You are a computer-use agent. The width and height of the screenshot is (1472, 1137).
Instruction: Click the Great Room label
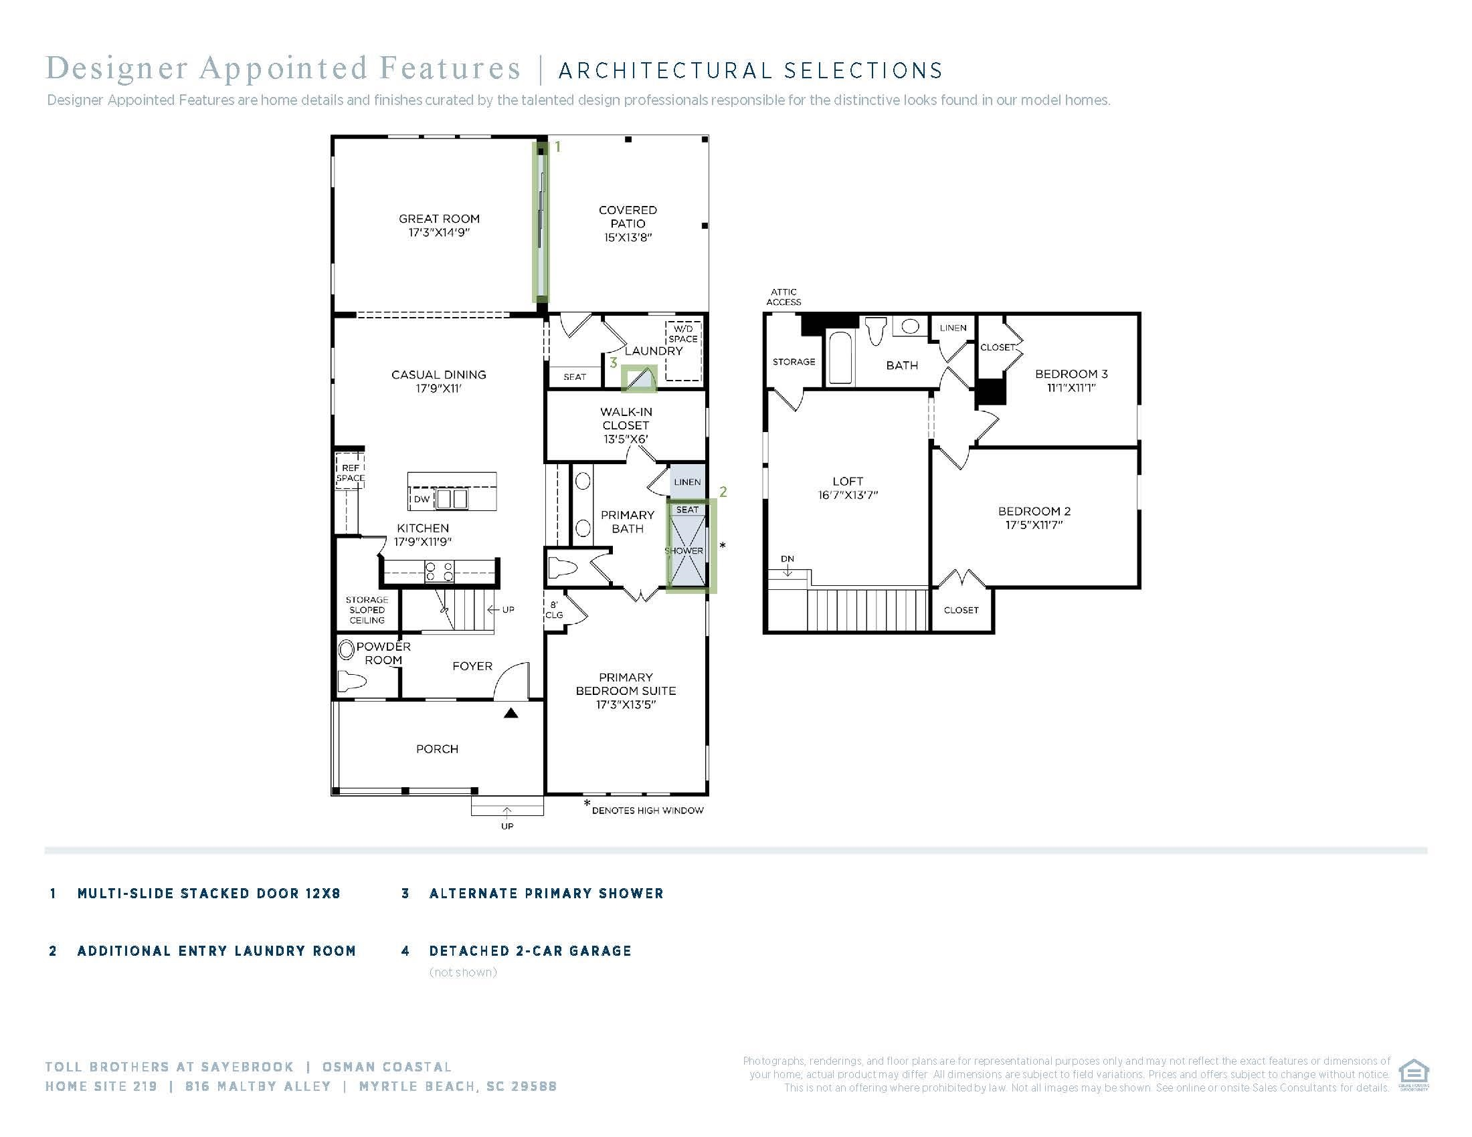click(x=439, y=219)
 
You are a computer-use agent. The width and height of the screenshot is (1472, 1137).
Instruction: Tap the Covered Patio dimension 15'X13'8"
click(x=628, y=237)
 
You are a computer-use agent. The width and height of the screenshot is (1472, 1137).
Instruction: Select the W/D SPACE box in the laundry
click(x=683, y=351)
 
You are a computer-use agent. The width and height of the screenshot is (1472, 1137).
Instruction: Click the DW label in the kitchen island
click(x=422, y=499)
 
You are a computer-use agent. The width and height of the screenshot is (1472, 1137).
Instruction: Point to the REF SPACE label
click(x=351, y=473)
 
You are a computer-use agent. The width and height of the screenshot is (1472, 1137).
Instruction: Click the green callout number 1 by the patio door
click(x=557, y=146)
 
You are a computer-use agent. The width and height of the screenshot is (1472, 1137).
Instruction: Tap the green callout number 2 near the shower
click(x=723, y=492)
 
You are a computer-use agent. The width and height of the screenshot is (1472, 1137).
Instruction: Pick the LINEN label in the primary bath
click(x=687, y=482)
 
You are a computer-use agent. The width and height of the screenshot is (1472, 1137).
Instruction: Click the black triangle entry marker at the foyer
click(x=511, y=713)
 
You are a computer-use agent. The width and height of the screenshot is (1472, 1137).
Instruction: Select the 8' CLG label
click(x=554, y=609)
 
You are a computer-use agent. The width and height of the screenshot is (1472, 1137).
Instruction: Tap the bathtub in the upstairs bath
click(x=840, y=357)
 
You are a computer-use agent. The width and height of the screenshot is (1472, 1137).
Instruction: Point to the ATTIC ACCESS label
click(x=784, y=297)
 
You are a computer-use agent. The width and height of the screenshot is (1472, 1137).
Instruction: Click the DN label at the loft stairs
click(x=788, y=558)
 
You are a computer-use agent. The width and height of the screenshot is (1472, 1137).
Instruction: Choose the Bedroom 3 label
click(x=1071, y=374)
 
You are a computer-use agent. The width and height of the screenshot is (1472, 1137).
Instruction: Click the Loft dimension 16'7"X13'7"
click(x=848, y=495)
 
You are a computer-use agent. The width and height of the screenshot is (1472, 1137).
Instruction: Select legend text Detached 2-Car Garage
click(x=531, y=951)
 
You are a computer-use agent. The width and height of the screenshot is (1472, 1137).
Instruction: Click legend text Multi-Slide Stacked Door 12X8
click(x=209, y=894)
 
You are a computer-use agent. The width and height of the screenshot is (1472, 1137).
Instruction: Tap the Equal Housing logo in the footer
click(x=1413, y=1074)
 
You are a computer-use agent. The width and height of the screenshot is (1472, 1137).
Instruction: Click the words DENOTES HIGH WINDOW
click(x=648, y=811)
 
